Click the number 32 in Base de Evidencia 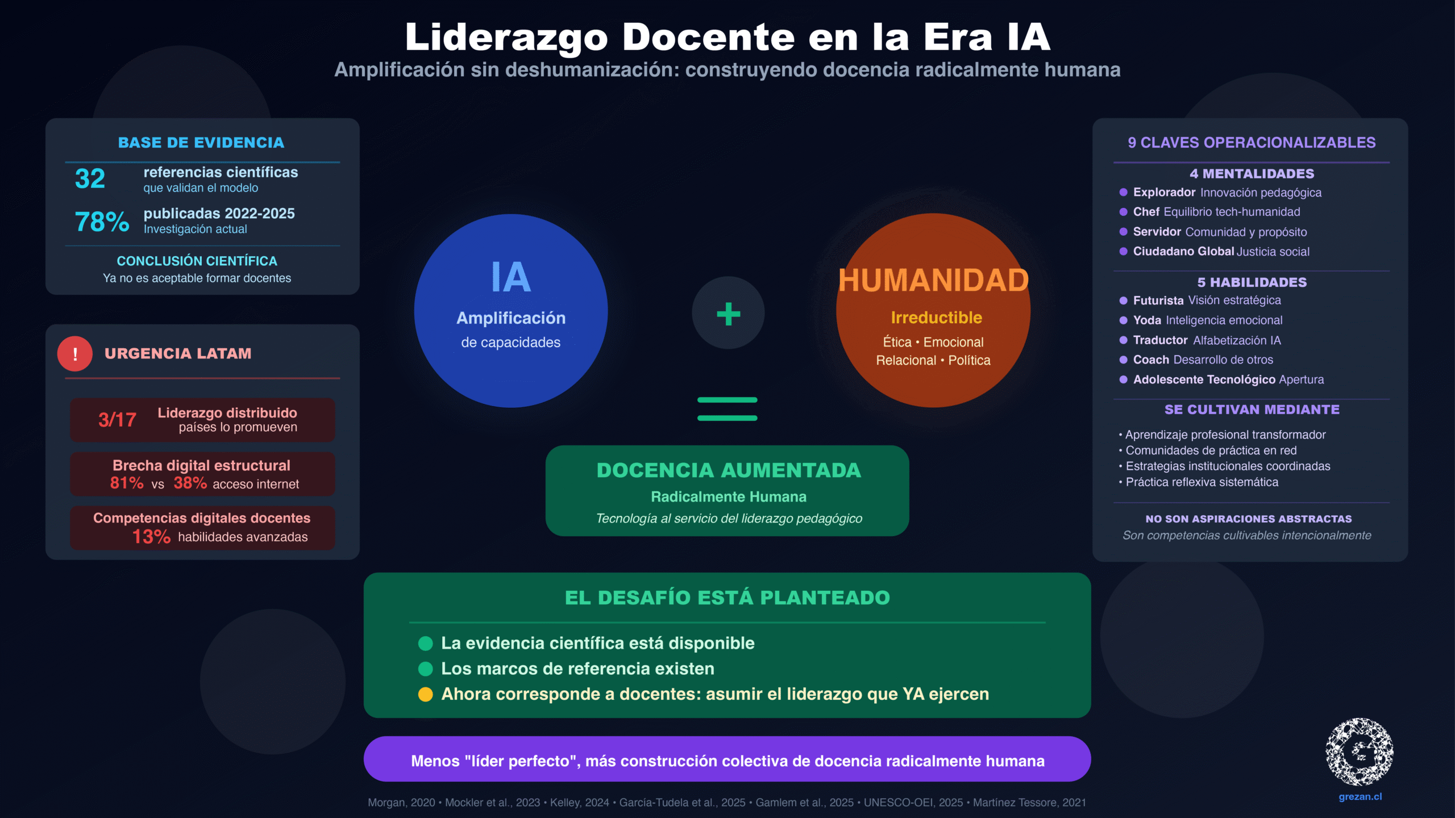pyautogui.click(x=90, y=178)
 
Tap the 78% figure pyautogui.click(x=102, y=222)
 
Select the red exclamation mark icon pyautogui.click(x=75, y=353)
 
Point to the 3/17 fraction pyautogui.click(x=117, y=420)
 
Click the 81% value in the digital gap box pyautogui.click(x=127, y=483)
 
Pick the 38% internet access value pyautogui.click(x=190, y=483)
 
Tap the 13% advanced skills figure pyautogui.click(x=151, y=536)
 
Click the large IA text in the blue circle pyautogui.click(x=511, y=277)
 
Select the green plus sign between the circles pyautogui.click(x=728, y=314)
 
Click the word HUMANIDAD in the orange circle pyautogui.click(x=934, y=281)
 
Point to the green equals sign pyautogui.click(x=727, y=409)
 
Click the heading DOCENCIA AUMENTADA pyautogui.click(x=729, y=470)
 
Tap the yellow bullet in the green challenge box pyautogui.click(x=426, y=694)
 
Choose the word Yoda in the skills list pyautogui.click(x=1147, y=320)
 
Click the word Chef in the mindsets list pyautogui.click(x=1146, y=212)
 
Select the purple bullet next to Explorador pyautogui.click(x=1123, y=192)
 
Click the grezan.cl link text pyautogui.click(x=1360, y=796)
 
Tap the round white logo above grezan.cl pyautogui.click(x=1360, y=752)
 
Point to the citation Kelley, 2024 pyautogui.click(x=580, y=803)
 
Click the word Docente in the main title pyautogui.click(x=708, y=37)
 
